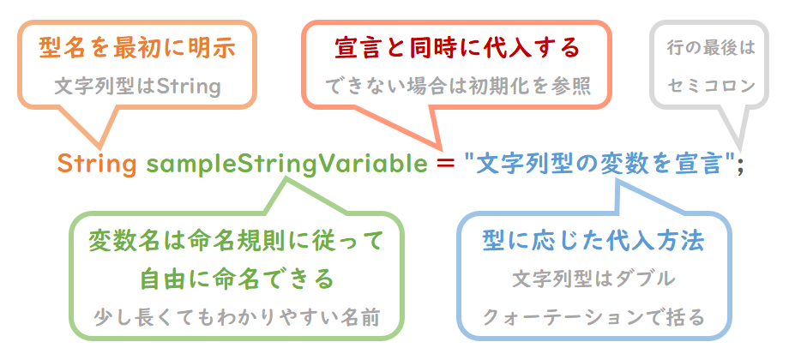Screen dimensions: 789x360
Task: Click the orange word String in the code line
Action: point(97,164)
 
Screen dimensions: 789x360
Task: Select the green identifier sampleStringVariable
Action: point(286,165)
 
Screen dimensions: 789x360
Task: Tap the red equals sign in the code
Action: point(446,165)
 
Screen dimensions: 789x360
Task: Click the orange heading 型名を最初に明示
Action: point(137,48)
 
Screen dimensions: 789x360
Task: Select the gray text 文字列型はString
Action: point(137,87)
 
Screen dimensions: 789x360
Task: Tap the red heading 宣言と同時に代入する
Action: point(457,48)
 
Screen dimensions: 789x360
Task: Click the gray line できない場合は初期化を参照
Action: point(457,87)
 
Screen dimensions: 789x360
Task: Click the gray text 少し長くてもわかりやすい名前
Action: point(237,318)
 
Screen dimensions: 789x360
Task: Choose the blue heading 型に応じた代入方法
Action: point(593,242)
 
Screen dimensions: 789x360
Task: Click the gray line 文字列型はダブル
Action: point(593,279)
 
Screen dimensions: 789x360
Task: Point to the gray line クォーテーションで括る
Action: point(593,317)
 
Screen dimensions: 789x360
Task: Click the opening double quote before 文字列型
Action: point(470,158)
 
